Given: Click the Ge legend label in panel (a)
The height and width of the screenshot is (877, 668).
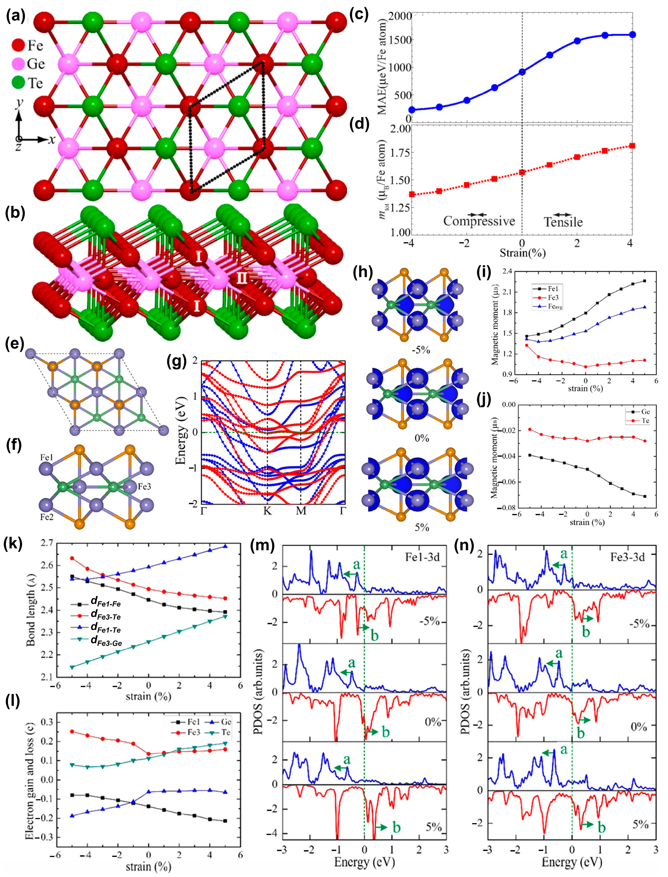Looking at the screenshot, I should (36, 64).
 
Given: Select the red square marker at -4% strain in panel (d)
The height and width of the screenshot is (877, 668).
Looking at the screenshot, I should (412, 194).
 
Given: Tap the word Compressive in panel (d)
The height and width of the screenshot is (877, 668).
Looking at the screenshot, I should (479, 221).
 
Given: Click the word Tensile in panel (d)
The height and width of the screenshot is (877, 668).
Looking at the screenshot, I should (563, 222).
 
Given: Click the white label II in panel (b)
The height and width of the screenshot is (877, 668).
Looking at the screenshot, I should (242, 277).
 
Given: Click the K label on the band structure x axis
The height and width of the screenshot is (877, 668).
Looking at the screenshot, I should (267, 510).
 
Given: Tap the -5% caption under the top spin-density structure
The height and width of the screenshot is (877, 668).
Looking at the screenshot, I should (421, 350).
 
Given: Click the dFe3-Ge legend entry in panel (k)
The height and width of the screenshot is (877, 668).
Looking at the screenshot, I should (106, 643).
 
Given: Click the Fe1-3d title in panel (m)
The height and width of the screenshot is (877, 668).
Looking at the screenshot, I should (422, 557).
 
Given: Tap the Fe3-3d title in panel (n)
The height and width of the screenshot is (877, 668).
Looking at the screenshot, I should (627, 557).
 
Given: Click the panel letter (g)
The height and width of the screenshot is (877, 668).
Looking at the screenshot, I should (177, 362).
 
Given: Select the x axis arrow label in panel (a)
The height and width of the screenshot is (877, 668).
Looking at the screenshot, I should (52, 140).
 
